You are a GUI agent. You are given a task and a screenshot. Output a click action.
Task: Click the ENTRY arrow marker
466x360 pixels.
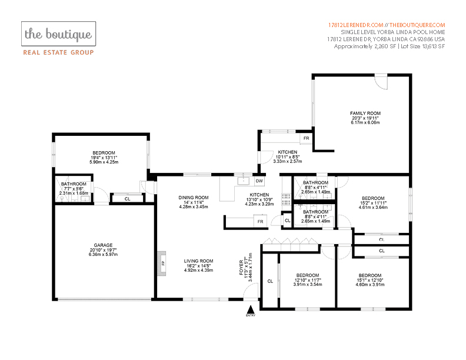pos(251,309)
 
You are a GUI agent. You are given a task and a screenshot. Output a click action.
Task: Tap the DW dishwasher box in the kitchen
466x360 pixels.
pos(259,181)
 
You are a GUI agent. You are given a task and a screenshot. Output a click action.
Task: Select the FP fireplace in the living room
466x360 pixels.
pos(162,264)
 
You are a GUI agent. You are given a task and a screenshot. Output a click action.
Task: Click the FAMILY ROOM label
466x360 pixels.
pos(365,113)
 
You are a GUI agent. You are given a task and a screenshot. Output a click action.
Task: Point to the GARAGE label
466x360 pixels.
pos(103,245)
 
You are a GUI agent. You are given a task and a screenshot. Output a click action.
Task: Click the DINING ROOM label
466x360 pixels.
pos(194,198)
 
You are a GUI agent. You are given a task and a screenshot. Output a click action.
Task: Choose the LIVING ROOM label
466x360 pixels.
pos(198,261)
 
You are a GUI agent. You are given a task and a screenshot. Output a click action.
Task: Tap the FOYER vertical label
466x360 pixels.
pos(241,268)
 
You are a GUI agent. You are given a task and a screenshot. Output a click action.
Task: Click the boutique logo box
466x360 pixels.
pos(59,34)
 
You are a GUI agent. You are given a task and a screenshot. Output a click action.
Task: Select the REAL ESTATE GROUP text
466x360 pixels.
pos(59,52)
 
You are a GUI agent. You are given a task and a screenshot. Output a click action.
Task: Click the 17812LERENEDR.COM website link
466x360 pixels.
pos(356,25)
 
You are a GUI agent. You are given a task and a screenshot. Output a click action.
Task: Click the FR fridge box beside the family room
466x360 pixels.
pos(306,138)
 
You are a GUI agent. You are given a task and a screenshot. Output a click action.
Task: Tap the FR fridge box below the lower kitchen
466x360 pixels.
pos(260,222)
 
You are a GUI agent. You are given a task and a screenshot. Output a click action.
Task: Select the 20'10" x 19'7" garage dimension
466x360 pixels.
pos(103,250)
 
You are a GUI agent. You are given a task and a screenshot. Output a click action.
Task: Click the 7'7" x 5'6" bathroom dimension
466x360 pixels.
pos(74,189)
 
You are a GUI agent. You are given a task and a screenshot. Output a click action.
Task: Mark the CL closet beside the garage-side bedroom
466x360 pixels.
pos(128,199)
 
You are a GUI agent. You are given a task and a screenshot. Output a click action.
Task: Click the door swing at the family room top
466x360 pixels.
pos(381,81)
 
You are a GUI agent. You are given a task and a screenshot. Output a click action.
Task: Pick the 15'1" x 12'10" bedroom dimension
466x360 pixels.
pos(370,280)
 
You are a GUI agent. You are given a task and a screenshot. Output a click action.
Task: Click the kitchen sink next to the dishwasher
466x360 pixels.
pos(244,181)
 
